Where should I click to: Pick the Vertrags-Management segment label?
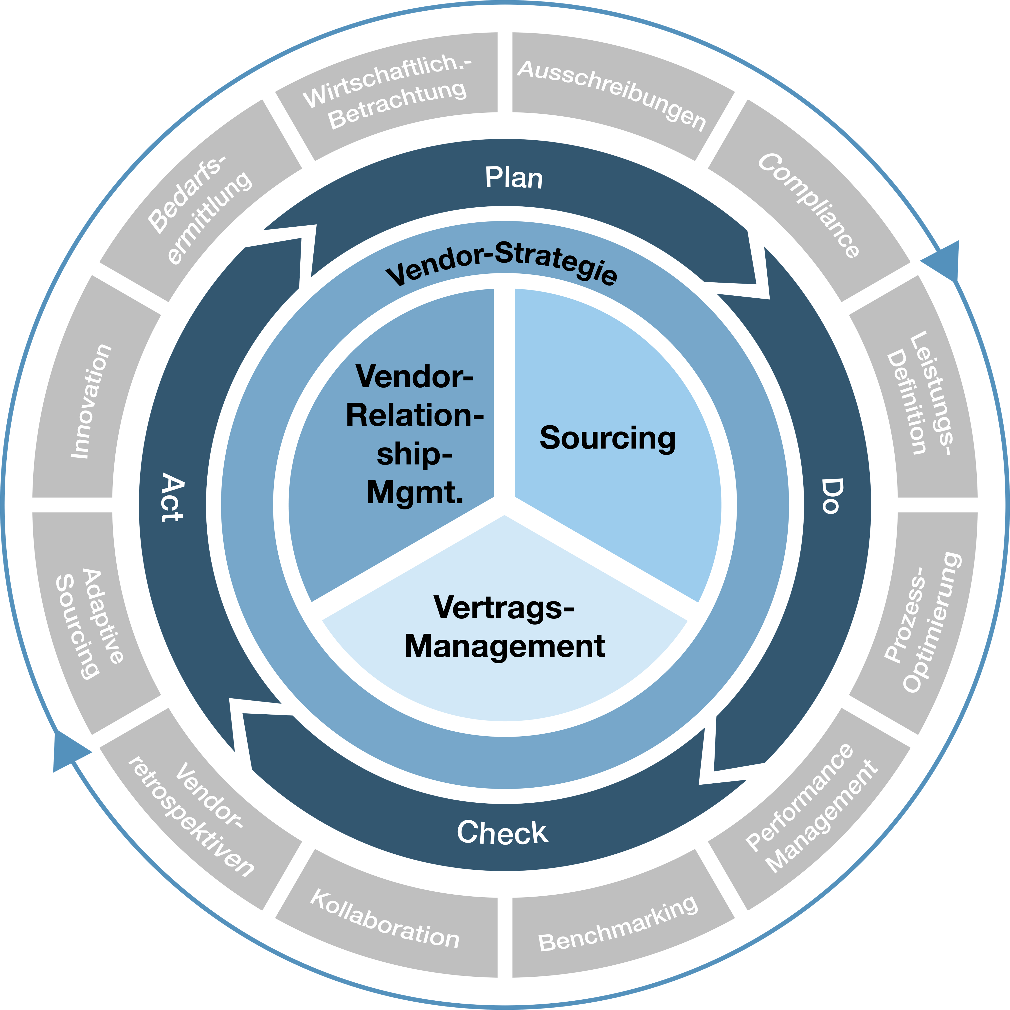click(505, 627)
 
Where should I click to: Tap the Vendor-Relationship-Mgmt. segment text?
click(414, 434)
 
